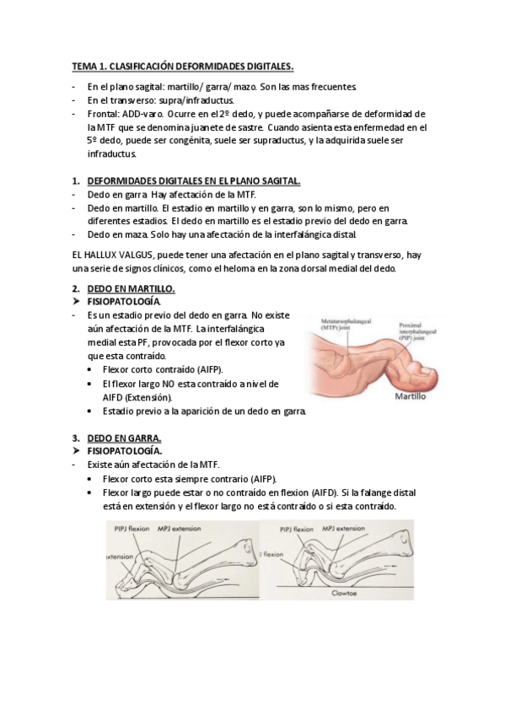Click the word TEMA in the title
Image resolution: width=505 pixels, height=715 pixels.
click(82, 66)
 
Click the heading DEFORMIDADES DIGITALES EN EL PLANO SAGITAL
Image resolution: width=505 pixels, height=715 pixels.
click(193, 180)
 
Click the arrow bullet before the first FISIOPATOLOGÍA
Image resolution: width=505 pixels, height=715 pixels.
click(78, 301)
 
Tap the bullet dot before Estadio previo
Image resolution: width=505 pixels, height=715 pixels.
click(92, 411)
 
